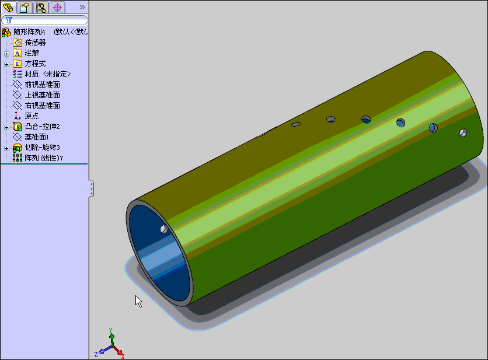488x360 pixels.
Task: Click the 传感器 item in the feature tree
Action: tap(35, 43)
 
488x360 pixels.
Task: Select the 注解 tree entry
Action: tap(32, 53)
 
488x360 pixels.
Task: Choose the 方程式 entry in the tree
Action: tap(35, 64)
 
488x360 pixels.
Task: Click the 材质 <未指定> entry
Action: tap(48, 74)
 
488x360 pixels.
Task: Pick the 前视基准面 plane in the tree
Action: tap(43, 85)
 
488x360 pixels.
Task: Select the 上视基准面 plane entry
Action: tap(43, 95)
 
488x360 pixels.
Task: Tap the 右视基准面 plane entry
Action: tap(43, 106)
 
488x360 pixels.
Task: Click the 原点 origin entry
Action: tap(32, 116)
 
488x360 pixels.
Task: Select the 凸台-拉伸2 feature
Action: tap(43, 127)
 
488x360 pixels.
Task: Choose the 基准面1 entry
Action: tap(37, 137)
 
